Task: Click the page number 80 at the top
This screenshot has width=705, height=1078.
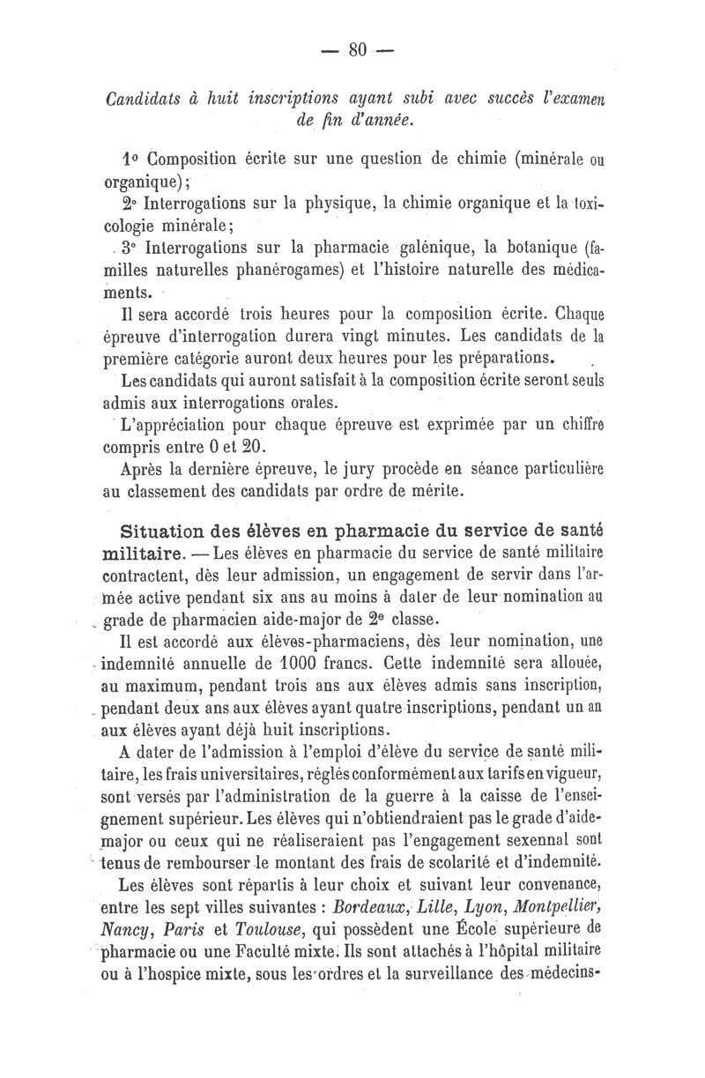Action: (x=357, y=50)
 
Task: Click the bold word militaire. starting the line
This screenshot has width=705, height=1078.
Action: (x=144, y=556)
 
